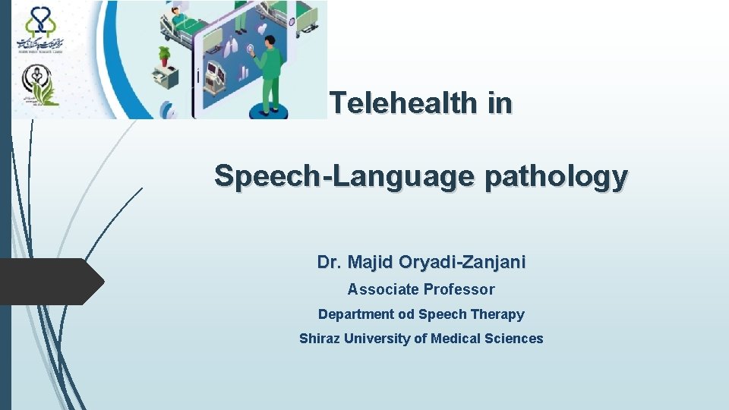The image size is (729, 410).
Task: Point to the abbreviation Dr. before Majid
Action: point(329,263)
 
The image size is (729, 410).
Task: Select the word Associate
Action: point(383,289)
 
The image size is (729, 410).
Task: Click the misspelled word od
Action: point(407,314)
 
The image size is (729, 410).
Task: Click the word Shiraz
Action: point(320,339)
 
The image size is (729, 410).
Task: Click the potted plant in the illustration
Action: point(164,55)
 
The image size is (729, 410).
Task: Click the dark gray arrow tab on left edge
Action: point(50,281)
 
